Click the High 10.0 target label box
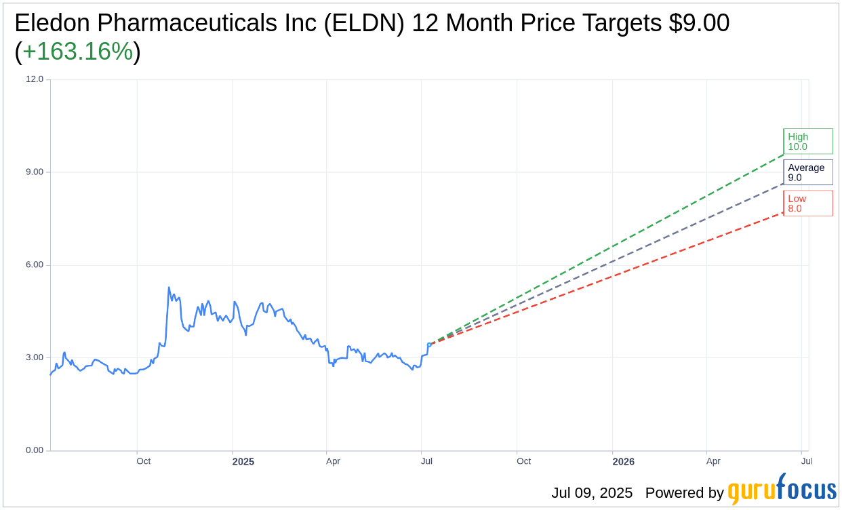click(807, 141)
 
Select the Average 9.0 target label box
click(807, 172)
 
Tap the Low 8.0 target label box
click(807, 203)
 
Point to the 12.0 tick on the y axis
click(35, 79)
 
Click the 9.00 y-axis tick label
click(35, 172)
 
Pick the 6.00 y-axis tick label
click(35, 264)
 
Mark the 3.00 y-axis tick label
click(35, 357)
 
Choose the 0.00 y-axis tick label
click(35, 450)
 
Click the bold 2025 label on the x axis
click(243, 462)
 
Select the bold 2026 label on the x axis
click(624, 462)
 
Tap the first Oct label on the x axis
click(143, 461)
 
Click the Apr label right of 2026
click(713, 461)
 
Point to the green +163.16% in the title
click(77, 52)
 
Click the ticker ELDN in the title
click(365, 23)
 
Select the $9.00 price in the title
click(699, 23)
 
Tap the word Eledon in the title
click(52, 23)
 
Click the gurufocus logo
click(782, 490)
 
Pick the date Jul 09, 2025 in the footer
click(592, 493)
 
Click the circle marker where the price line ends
click(429, 345)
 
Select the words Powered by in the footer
click(684, 493)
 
